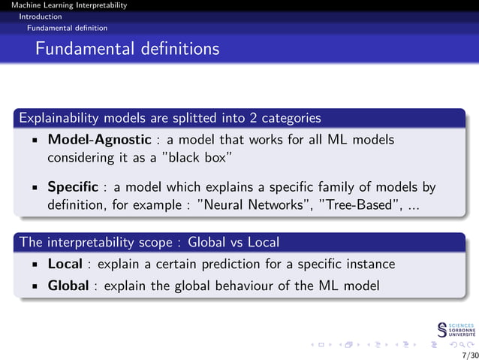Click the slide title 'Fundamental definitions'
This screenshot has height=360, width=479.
pos(127,49)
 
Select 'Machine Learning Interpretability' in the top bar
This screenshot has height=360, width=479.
pos(64,5)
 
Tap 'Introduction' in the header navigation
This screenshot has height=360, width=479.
pos(41,16)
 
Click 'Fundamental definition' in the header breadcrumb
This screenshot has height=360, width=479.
pos(67,28)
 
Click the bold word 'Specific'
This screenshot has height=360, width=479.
pos(73,186)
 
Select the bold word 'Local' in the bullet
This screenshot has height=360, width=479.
pos(64,264)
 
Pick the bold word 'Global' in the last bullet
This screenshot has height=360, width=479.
pos(68,286)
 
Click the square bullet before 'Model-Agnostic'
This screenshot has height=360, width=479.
pos(35,141)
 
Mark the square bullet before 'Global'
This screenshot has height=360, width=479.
pos(35,286)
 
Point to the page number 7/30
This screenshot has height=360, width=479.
pos(468,354)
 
